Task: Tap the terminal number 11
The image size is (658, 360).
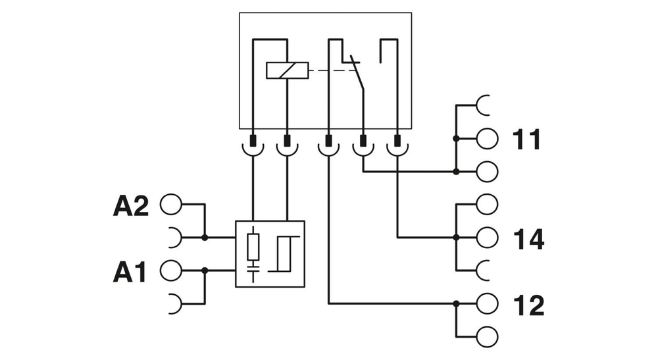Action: coord(526,140)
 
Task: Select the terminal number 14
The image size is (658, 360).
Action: coord(528,239)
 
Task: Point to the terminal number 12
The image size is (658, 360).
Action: coord(528,305)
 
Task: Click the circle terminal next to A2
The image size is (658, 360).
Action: coord(170,204)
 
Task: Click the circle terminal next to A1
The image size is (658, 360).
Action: coord(170,270)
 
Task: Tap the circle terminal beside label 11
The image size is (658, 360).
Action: coord(488,139)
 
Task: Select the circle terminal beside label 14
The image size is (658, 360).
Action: coord(488,236)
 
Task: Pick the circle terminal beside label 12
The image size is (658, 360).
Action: coord(488,303)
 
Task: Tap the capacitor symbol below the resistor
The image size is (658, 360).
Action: coord(254,268)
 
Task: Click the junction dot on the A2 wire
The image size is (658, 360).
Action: coord(205,237)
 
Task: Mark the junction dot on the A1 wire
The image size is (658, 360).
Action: coord(205,270)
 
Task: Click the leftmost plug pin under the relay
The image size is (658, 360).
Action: coord(253,141)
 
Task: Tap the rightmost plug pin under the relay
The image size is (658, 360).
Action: coord(397,141)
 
